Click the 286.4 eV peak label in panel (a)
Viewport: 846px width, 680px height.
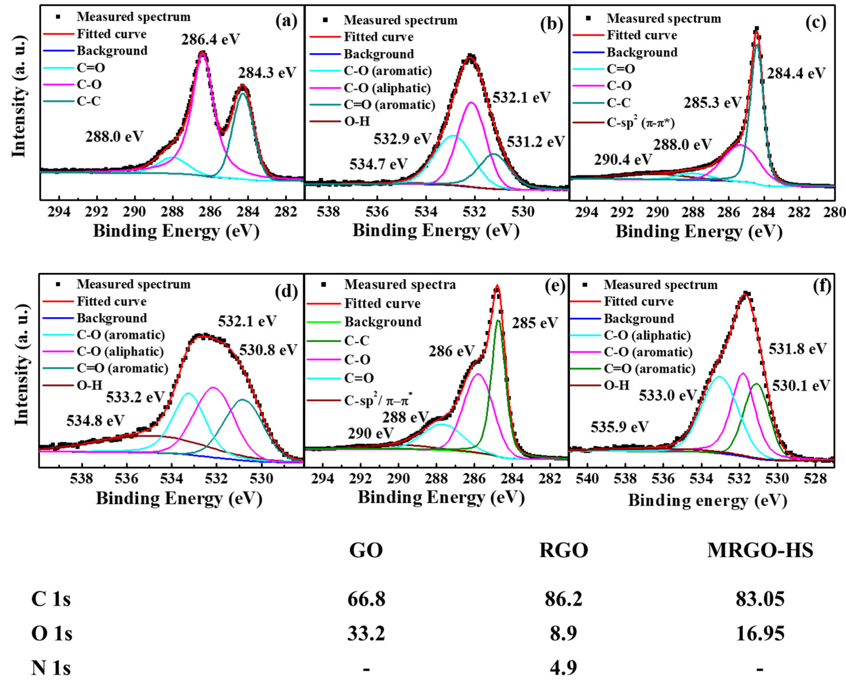coord(210,40)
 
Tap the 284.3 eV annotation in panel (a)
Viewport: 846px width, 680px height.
coord(267,73)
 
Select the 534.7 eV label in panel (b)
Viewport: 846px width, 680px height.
coord(379,164)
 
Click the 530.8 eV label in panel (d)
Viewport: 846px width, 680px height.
coord(268,350)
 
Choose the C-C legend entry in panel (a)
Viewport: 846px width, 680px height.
coord(89,101)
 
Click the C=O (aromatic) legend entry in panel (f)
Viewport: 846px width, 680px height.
coord(650,369)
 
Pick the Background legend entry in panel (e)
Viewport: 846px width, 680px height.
coord(383,322)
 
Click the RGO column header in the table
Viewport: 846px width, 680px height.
coord(564,550)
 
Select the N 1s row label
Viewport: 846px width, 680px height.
coord(51,668)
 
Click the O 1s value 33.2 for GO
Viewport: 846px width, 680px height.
coord(366,634)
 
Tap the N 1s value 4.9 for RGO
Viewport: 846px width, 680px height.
coord(564,668)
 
